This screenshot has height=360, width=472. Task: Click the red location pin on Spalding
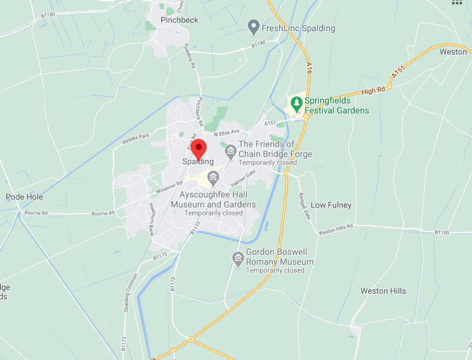pos(198,149)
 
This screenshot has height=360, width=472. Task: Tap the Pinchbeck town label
pos(179,20)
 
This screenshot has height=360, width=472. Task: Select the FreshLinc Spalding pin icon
pos(253,27)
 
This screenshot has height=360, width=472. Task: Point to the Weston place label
pos(453,52)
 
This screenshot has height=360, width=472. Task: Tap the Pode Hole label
pos(24,197)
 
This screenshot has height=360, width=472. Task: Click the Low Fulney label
pos(331,205)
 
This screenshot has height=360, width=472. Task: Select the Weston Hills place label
pos(383,291)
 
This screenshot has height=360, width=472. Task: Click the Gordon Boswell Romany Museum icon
pos(237,257)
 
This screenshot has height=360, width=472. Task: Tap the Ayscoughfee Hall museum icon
pos(214,178)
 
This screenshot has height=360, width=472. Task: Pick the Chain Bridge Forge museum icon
pos(230,149)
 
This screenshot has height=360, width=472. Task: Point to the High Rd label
pos(374,91)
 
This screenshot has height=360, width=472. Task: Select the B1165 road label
pos(441,232)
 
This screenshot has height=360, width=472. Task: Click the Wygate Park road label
pos(136,136)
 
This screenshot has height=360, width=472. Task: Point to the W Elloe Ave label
pos(227,133)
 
